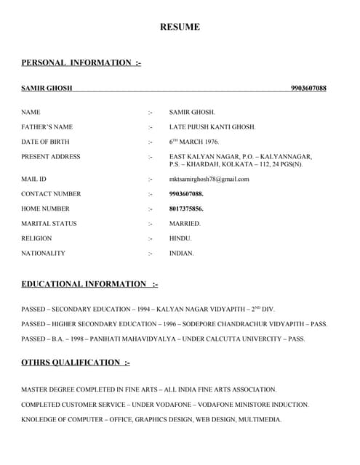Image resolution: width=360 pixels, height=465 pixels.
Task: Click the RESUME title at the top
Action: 180,28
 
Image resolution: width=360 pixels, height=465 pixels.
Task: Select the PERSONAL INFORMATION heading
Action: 81,62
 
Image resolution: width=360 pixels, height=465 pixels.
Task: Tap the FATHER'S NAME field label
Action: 47,127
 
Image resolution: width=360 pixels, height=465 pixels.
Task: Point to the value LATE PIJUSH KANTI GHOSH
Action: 212,127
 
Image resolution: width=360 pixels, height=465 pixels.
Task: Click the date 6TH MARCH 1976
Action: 194,142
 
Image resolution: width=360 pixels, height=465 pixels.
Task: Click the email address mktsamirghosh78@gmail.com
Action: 209,179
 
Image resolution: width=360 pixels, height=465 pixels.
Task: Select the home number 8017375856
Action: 186,209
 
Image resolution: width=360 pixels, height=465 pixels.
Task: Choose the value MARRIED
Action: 185,224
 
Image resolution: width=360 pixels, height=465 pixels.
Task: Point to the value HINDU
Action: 180,238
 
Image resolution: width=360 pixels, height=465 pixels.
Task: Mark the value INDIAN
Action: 182,254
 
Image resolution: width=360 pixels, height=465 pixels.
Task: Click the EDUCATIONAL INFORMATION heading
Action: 89,284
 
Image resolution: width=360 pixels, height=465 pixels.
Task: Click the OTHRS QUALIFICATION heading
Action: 76,363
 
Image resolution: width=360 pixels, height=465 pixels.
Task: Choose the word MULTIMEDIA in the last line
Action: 261,420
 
